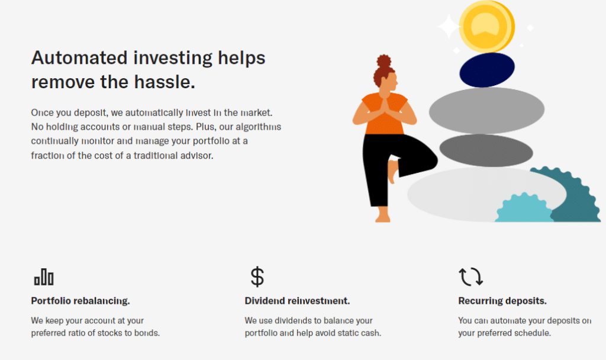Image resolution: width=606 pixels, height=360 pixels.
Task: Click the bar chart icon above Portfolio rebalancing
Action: [44, 277]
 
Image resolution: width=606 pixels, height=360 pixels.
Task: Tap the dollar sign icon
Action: [257, 277]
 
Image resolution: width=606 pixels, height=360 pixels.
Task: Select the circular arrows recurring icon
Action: [470, 277]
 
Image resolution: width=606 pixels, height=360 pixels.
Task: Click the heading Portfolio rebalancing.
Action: [80, 301]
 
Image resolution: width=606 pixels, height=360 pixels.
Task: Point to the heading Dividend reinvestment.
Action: [297, 301]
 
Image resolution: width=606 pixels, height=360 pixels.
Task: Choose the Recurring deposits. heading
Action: [502, 301]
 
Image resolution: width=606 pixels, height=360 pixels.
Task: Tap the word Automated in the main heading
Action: [79, 58]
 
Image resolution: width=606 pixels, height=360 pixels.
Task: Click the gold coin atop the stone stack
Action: [486, 26]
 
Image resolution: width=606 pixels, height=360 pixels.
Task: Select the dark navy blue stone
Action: [487, 70]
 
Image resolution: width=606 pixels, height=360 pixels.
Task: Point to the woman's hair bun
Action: [383, 61]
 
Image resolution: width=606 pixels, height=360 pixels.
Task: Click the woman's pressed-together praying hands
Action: [385, 106]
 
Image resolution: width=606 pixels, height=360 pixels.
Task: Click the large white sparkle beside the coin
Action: [449, 26]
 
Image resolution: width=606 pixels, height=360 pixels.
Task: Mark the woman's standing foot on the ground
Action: [383, 215]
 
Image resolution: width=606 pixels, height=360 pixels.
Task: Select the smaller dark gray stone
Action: [486, 151]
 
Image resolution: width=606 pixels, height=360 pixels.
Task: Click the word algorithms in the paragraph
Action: [259, 127]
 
